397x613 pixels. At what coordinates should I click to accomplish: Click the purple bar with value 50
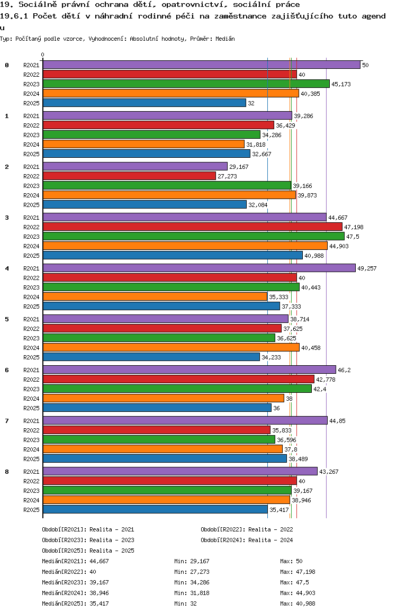tap(201, 65)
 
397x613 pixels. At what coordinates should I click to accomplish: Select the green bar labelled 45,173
tap(186, 84)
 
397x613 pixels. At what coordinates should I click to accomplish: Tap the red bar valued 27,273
tap(129, 176)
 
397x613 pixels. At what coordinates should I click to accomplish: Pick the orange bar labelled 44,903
tap(185, 246)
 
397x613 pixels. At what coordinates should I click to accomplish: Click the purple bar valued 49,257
tap(199, 268)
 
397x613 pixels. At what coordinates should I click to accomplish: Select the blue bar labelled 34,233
tap(151, 357)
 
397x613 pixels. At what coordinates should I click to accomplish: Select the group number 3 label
tap(7, 218)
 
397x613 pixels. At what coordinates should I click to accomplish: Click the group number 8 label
tap(7, 472)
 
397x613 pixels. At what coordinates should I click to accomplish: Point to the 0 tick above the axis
tap(43, 55)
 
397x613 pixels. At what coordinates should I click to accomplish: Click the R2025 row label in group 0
tap(31, 103)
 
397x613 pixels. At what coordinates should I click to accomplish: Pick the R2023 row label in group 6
tap(31, 389)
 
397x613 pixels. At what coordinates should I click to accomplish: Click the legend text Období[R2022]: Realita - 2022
tap(247, 529)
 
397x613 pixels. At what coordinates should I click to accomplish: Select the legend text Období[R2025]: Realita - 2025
tap(88, 551)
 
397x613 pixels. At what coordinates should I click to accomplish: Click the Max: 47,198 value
tap(298, 572)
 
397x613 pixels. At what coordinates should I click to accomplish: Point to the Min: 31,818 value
tap(192, 593)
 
